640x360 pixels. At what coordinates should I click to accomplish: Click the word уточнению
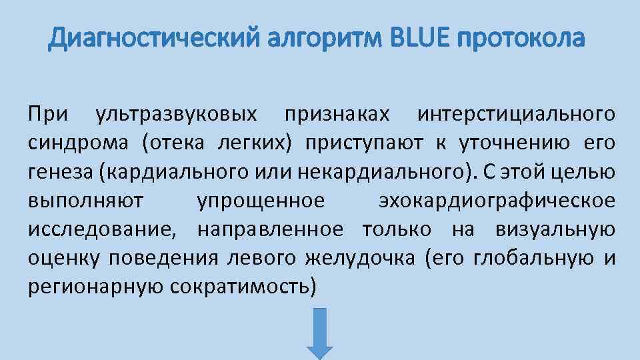coord(511,143)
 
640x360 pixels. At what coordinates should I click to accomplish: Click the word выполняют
coord(90,201)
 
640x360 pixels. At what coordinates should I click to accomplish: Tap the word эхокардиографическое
coord(496,201)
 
